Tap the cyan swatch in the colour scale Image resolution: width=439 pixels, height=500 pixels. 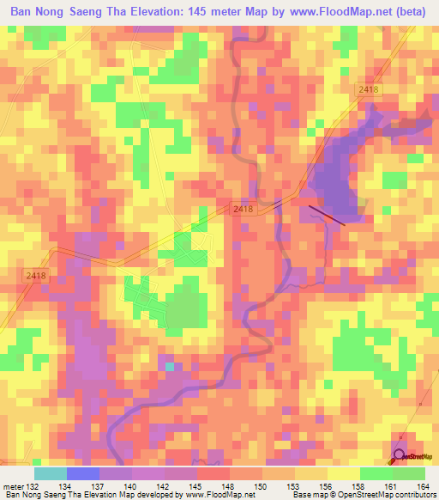tap(51, 473)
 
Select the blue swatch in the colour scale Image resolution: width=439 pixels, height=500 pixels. tap(83, 473)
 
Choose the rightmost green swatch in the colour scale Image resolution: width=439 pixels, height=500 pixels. tap(409, 473)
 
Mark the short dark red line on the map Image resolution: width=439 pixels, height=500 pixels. tap(327, 213)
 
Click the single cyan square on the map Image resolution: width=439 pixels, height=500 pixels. tap(170, 367)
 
